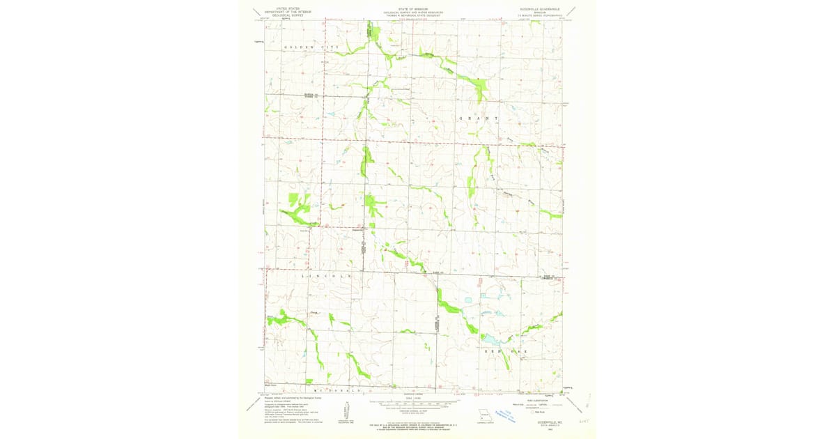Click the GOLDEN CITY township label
coord(311,47)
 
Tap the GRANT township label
coord(479,118)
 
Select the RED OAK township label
coord(506,352)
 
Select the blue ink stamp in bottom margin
coord(516,417)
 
